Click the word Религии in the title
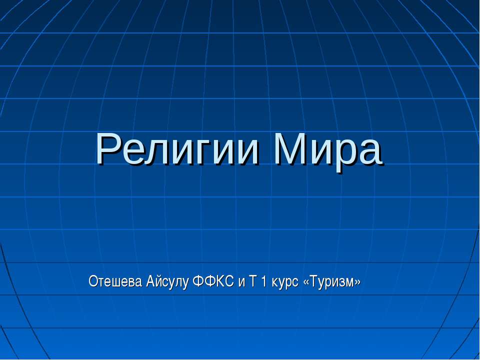[x=177, y=150]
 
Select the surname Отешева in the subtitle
[x=115, y=282]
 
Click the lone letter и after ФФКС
[x=241, y=283]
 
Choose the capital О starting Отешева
[x=93, y=282]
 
